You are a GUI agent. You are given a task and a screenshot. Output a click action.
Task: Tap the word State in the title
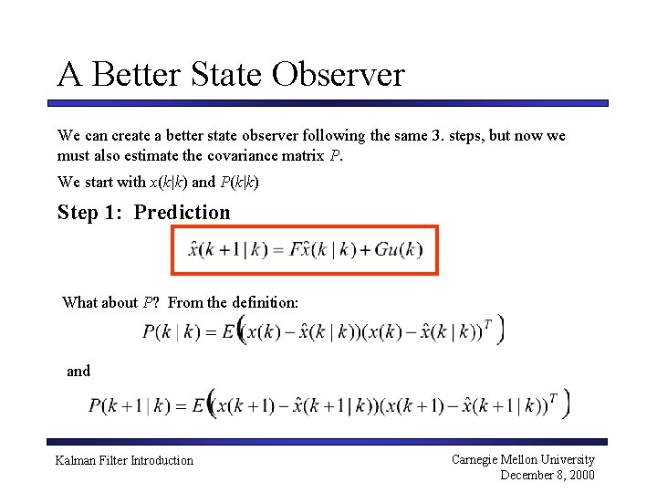[x=237, y=74]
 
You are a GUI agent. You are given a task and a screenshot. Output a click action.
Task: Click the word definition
[x=265, y=302]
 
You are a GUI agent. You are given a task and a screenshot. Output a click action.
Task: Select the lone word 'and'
[x=78, y=371]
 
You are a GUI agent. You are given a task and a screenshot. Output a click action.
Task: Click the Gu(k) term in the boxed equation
[x=399, y=249]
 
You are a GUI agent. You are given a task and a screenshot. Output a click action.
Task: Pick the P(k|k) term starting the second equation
[x=172, y=332]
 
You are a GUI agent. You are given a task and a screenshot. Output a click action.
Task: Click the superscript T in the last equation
[x=553, y=397]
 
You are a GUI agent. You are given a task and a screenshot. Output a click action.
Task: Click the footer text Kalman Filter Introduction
[x=124, y=461]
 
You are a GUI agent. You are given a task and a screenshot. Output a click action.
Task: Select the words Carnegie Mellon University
[x=523, y=460]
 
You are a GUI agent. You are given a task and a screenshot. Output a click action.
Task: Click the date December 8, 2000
[x=547, y=475]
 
